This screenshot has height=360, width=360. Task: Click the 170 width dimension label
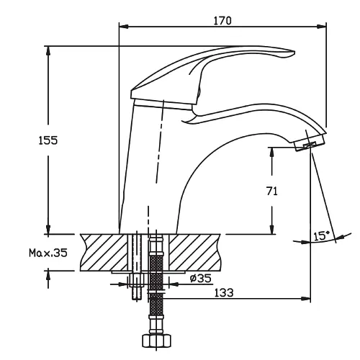pos(222,21)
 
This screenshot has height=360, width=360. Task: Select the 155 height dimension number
pos(48,140)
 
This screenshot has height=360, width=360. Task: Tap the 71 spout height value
pos(271,192)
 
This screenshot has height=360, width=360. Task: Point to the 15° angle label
pos(321,236)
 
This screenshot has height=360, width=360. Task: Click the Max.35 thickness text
pos(48,253)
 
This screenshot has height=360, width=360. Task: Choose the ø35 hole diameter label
pos(201,278)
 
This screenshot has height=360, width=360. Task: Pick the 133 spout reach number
pos(223,292)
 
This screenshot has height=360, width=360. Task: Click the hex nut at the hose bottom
pos(156,341)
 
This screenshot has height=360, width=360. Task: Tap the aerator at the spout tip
pos(309,143)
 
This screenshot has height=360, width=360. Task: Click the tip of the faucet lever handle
pos(293,53)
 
